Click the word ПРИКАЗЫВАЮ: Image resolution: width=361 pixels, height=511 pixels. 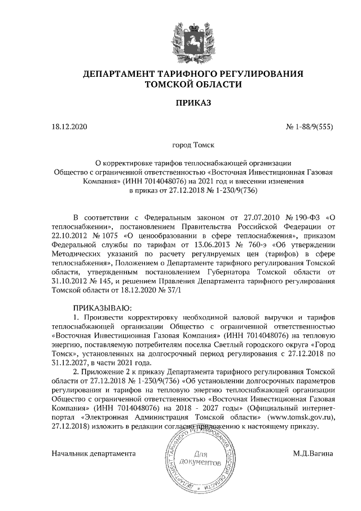coord(102,308)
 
